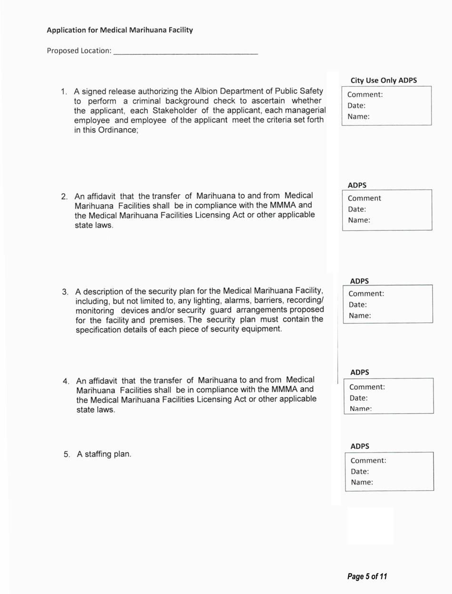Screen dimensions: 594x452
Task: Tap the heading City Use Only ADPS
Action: pos(383,80)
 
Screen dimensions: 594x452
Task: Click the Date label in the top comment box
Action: pos(356,106)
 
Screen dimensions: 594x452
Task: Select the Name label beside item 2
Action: pos(359,220)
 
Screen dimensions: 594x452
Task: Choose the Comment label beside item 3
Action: pos(366,294)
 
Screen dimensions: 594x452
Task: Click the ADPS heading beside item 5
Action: pos(360,446)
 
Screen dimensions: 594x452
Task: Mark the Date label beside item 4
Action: pos(359,398)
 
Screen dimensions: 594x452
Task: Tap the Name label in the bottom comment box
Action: pos(362,482)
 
